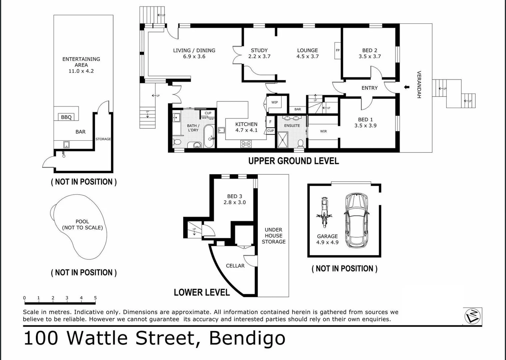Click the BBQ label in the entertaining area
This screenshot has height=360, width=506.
[x=66, y=117]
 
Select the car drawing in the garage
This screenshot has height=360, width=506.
[x=356, y=220]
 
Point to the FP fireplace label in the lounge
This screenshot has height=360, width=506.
[x=337, y=50]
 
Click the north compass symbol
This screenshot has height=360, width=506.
[x=473, y=316]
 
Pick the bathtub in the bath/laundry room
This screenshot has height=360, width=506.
[x=209, y=136]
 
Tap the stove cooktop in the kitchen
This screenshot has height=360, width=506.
[x=246, y=144]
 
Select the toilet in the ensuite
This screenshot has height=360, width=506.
[x=300, y=143]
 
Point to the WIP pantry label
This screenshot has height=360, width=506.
[x=274, y=102]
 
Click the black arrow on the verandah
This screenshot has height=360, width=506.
[x=406, y=87]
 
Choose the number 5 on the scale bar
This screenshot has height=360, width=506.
[x=95, y=298]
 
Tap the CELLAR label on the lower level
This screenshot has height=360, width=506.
[x=235, y=266]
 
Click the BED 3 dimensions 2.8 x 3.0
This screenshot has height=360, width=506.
[x=235, y=202]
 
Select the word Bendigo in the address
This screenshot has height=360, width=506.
[x=247, y=338]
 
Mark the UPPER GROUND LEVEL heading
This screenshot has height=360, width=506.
[x=293, y=161]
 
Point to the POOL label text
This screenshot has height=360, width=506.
[x=82, y=221]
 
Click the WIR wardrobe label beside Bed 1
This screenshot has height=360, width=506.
[x=323, y=131]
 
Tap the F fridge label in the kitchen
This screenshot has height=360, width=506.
[x=270, y=122]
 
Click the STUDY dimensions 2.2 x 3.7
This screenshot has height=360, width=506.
[x=259, y=57]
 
